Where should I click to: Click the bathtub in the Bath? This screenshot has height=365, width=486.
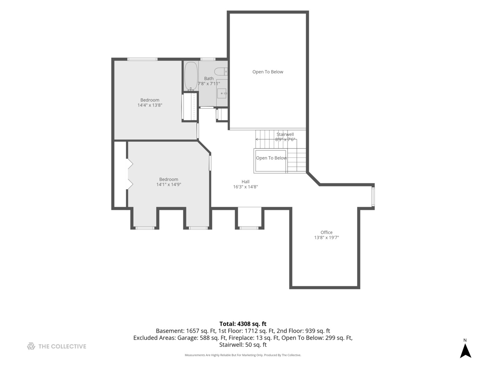191,76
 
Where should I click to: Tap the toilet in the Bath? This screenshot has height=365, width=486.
221,71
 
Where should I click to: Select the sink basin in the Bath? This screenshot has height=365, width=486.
222,93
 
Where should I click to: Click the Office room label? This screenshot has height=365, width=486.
326,232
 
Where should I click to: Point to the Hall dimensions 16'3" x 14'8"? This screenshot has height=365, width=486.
245,187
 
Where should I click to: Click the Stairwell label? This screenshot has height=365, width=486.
285,134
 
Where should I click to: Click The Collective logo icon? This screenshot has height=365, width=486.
31,346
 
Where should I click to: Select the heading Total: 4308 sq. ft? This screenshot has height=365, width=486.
243,324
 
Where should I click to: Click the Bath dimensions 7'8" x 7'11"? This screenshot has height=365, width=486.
209,83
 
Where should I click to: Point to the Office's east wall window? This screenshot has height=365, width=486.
373,197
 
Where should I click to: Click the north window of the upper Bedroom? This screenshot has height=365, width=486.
142,59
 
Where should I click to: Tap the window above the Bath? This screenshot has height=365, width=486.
208,59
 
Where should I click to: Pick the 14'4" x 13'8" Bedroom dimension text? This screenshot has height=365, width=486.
150,105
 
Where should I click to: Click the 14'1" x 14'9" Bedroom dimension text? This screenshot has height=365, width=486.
168,185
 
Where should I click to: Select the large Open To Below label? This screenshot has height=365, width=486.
268,72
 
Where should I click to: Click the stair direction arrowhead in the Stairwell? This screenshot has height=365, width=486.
257,139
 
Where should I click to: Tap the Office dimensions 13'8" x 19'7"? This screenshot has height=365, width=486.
326,238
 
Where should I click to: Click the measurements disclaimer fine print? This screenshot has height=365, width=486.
243,355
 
